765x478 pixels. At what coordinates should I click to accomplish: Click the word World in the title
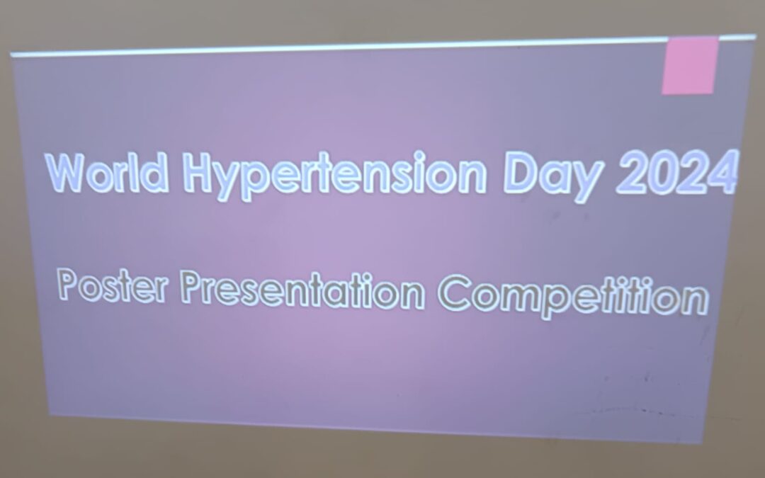click(108, 172)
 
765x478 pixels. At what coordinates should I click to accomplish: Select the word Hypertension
click(335, 176)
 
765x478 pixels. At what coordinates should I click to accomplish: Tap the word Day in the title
click(554, 176)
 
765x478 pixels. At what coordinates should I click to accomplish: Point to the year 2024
click(677, 171)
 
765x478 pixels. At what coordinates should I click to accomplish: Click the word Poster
click(113, 285)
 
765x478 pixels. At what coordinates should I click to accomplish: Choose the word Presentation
click(302, 290)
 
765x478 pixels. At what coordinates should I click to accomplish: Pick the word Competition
click(573, 295)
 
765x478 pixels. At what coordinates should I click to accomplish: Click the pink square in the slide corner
click(691, 65)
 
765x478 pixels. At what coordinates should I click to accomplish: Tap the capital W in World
click(66, 173)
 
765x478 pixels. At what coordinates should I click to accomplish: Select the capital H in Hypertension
click(198, 172)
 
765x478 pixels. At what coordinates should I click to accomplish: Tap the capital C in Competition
click(454, 292)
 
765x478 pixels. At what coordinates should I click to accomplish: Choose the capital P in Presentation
click(191, 287)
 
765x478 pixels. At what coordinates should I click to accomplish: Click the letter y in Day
click(589, 182)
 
